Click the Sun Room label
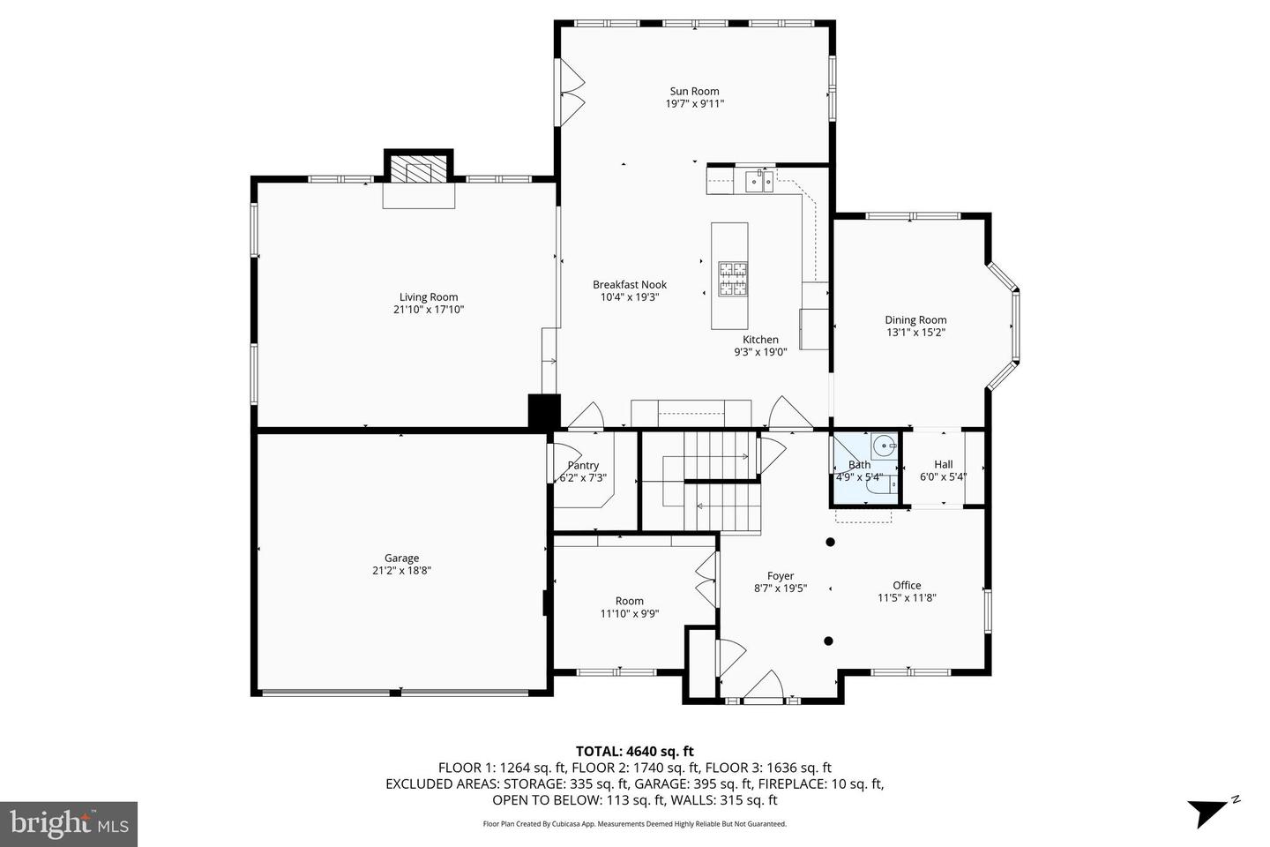[694, 91]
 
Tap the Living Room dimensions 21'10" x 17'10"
[429, 310]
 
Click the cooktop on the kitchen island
[732, 279]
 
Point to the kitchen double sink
[758, 182]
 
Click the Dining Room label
[915, 320]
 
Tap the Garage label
[401, 558]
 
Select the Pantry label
[583, 466]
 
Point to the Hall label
[943, 464]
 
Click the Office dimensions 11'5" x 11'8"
[907, 597]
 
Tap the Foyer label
[780, 576]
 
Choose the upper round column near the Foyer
[830, 542]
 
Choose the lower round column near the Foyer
[828, 641]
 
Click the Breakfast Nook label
[630, 284]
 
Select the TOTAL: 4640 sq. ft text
[635, 752]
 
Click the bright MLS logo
[69, 824]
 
